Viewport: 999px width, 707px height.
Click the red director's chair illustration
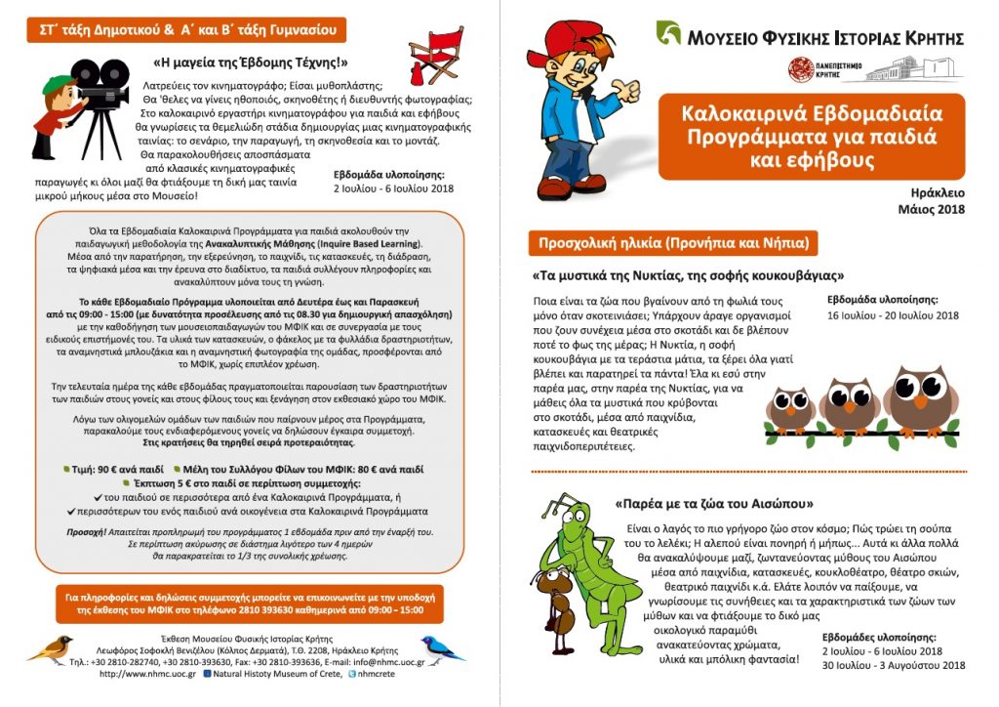(435, 56)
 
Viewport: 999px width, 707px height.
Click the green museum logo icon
(668, 34)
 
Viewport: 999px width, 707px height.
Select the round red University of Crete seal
(801, 68)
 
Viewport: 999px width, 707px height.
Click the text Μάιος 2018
(931, 209)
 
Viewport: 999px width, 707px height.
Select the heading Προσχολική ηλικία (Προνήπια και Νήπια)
(671, 242)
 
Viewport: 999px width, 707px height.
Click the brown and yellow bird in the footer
(51, 647)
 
